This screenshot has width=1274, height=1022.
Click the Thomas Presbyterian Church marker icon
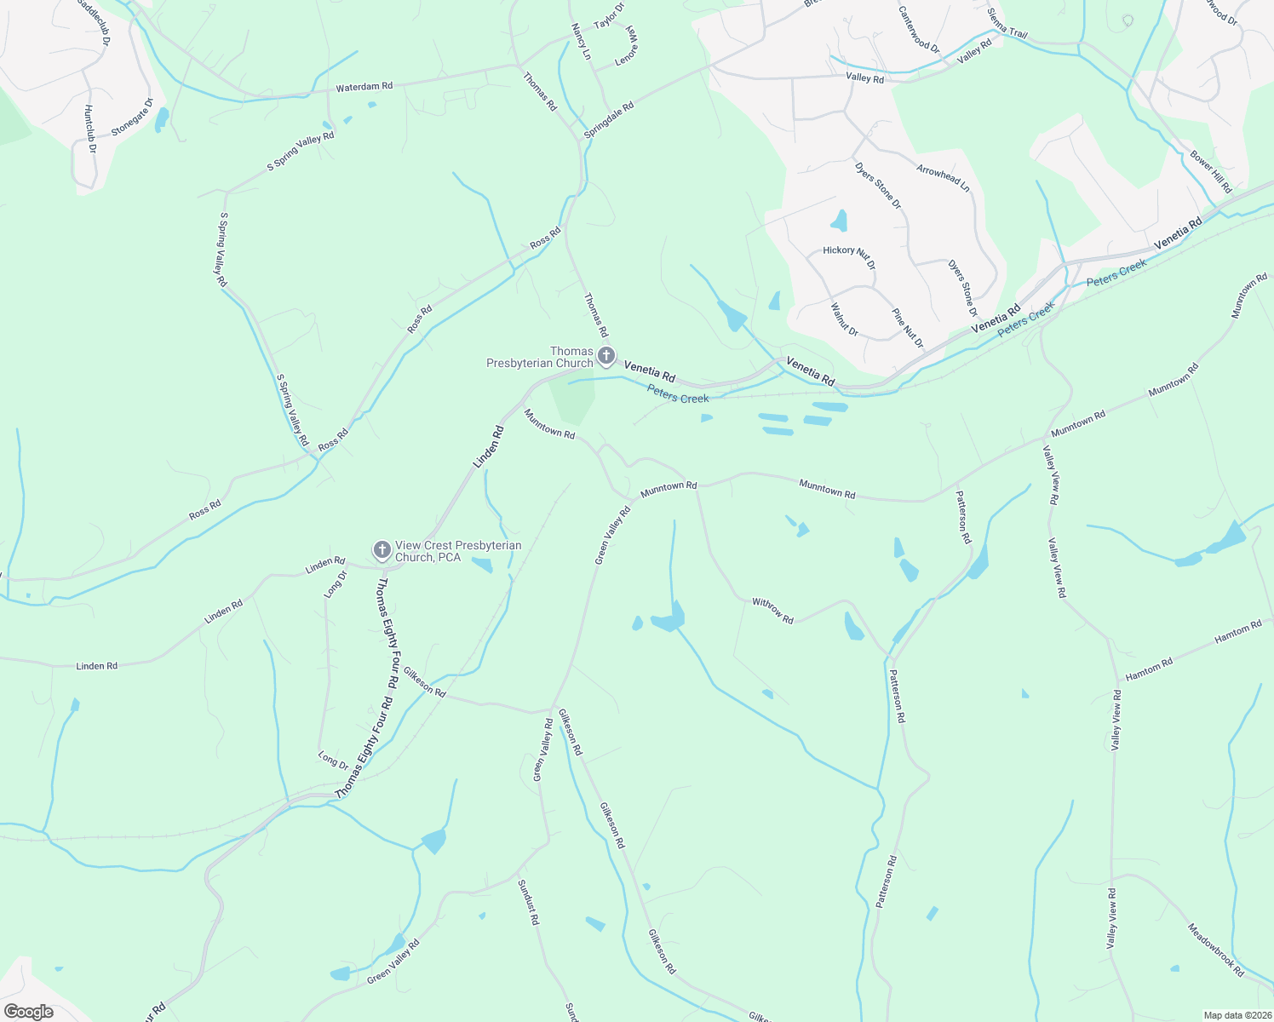605,356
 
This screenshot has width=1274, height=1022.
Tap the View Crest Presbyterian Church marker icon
382,550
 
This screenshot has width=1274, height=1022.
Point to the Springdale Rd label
609,121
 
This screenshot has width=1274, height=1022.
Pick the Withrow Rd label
772,610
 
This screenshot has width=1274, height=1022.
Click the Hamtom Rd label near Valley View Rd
1149,669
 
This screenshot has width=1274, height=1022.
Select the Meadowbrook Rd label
1216,950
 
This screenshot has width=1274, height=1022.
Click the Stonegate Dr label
132,118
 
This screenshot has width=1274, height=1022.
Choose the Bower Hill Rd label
1211,172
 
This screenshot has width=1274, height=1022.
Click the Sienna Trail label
1007,24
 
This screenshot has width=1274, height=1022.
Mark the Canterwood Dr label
919,30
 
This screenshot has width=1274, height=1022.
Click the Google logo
28,1012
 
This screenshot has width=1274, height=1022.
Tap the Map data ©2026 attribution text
1236,1015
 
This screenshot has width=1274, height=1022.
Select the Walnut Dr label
844,319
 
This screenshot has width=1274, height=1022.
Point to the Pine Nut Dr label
907,328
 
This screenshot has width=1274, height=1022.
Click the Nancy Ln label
581,41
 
